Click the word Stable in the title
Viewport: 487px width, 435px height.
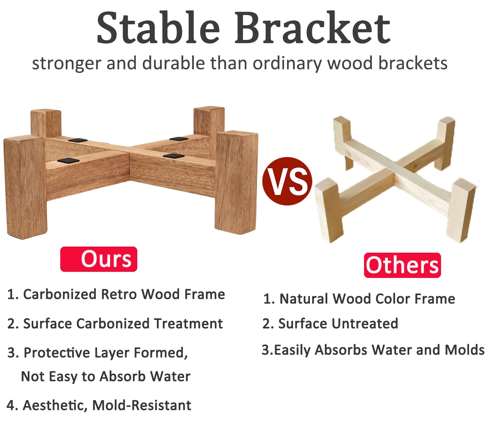[158, 28]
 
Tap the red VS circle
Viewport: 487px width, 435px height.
[287, 181]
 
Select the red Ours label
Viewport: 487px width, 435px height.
[99, 259]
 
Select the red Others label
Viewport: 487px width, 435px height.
[402, 265]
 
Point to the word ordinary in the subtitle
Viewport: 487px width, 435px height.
[287, 64]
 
